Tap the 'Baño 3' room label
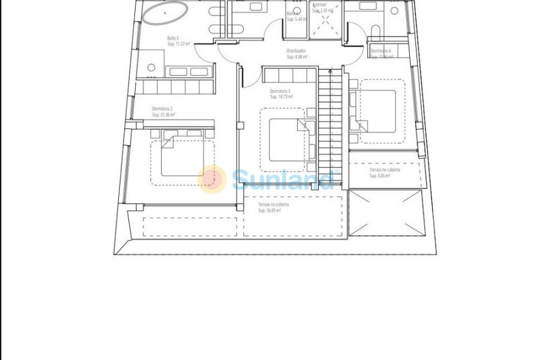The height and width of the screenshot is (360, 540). pos(173,38)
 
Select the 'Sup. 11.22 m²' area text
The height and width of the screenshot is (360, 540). pos(178,44)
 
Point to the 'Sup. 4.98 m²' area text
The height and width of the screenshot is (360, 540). pos(297,58)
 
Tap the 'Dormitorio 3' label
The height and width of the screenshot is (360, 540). pos(280,91)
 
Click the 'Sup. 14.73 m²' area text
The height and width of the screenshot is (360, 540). pos(281,97)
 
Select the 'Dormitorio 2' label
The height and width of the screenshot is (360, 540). pos(162,109)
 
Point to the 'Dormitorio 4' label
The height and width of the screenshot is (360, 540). pos(380,51)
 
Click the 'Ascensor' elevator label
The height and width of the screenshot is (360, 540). pos(319,5)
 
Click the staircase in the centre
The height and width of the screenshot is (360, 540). pos(330,120)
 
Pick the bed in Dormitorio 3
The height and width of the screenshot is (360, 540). pos(287,140)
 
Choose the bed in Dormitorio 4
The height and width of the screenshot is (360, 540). pos(378,111)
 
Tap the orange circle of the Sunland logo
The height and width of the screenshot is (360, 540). pos(212,179)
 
